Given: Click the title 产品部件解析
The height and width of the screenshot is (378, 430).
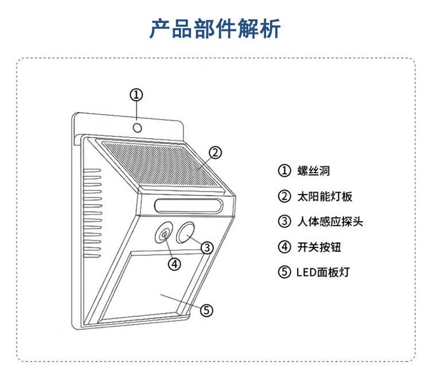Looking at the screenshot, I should point(215,28).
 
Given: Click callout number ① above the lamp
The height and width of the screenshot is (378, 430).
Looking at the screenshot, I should point(136,95).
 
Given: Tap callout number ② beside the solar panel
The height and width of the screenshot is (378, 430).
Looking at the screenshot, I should point(214,153).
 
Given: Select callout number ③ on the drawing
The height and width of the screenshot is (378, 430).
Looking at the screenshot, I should point(207,247).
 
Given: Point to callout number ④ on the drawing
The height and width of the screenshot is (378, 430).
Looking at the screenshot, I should point(174,263).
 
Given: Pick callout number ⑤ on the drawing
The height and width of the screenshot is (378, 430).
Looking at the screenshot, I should point(206,310).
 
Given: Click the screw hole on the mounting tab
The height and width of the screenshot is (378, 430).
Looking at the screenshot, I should point(138,127).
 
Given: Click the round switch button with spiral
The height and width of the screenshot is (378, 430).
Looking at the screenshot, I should point(165,233).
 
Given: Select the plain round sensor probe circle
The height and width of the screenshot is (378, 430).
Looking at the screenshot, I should point(186,232).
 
